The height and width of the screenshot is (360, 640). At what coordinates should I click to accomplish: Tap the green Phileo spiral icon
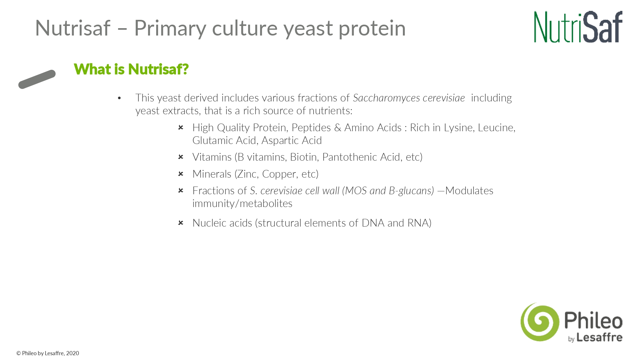coord(540,322)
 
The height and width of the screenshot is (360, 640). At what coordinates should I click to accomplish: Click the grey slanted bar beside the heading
coord(37,79)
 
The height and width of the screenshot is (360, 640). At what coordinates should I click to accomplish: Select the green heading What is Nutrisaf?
coord(131,69)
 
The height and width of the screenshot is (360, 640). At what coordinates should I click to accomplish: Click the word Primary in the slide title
coord(170,29)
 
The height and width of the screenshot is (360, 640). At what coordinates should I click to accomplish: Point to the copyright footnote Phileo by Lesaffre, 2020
coord(48,353)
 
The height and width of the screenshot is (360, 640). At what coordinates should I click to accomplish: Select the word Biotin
coord(304,157)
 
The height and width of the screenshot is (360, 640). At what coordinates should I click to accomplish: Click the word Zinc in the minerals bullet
coord(247,174)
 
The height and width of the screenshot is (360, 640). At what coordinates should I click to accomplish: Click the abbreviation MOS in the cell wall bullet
coord(356,191)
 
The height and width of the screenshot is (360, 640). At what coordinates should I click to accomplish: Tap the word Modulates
coord(469,191)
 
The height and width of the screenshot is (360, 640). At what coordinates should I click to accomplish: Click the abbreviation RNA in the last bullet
coord(418,223)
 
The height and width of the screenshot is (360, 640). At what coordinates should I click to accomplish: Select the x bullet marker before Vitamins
coord(181,157)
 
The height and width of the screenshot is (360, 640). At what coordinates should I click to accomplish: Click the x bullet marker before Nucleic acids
coord(181,223)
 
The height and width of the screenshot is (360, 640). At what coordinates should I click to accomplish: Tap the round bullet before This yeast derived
coord(119,98)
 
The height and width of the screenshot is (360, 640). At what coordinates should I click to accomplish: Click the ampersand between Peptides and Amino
coord(338,128)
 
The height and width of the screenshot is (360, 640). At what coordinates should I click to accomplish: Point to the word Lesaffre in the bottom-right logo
coord(599,338)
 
